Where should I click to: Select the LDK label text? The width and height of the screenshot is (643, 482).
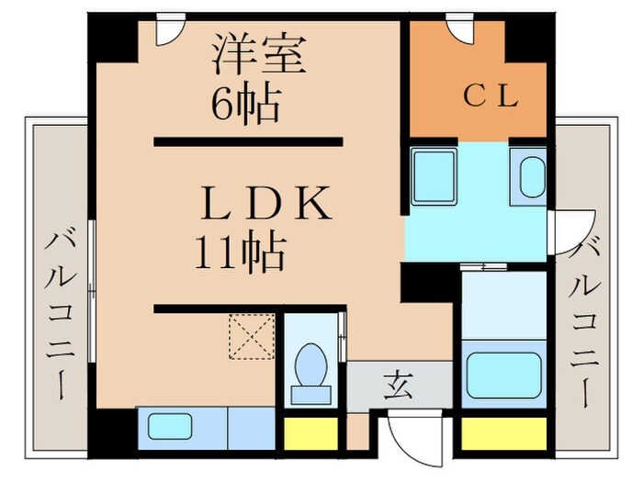(265, 204)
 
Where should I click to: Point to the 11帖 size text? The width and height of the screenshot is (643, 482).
(238, 250)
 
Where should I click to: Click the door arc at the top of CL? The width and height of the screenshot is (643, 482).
(460, 28)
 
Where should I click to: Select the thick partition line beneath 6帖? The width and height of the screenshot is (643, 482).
(248, 142)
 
